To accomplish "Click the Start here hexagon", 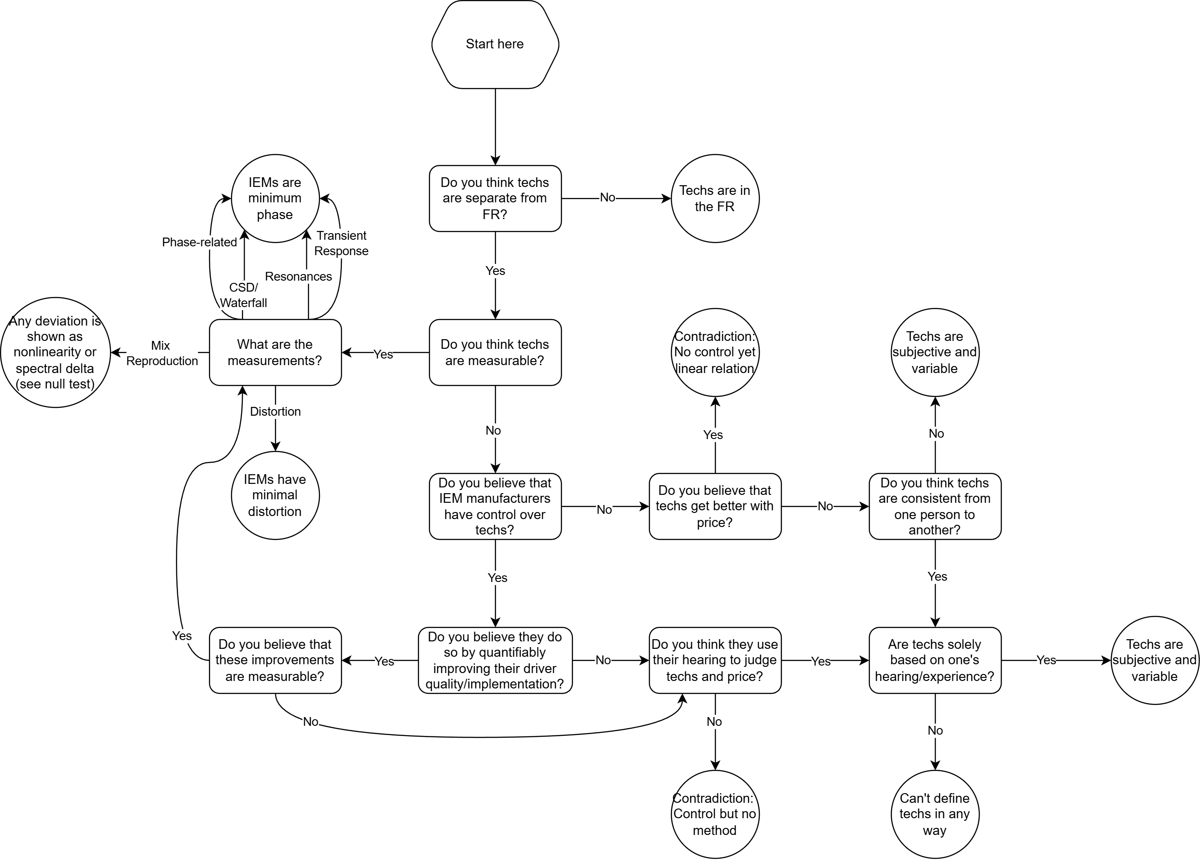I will tap(495, 44).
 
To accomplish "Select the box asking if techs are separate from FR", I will tap(495, 198).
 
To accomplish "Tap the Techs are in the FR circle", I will tap(715, 198).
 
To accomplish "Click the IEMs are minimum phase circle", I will tap(275, 198).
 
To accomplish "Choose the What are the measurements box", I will tap(275, 352).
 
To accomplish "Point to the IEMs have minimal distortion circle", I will tap(275, 495).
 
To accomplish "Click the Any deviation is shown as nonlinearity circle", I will tap(55, 352).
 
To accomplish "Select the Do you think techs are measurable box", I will tap(495, 352).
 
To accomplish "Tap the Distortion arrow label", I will tap(275, 412).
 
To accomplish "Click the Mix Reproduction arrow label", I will tap(161, 353).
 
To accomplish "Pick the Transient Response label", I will tap(341, 243).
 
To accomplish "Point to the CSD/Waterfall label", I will tap(243, 295).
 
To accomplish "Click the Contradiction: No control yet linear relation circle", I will tap(715, 352).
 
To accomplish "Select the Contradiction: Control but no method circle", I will tap(715, 814).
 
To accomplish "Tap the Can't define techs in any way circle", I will tap(935, 814).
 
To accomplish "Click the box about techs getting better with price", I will tap(715, 506).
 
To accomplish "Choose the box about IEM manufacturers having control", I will tap(495, 506).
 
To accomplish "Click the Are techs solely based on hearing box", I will tap(935, 660).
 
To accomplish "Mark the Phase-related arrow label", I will tap(199, 242).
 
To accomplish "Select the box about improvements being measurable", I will tap(275, 660).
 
